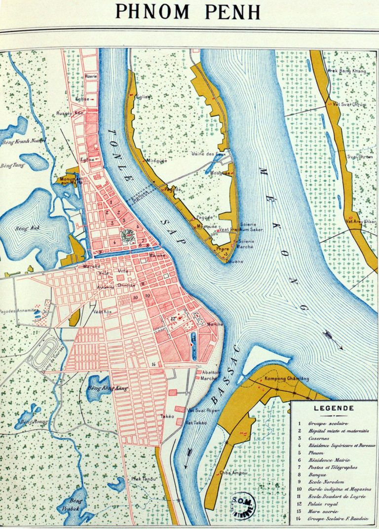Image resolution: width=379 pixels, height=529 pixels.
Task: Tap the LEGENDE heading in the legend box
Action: (x=334, y=408)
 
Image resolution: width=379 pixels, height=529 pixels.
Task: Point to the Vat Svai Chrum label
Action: (x=349, y=104)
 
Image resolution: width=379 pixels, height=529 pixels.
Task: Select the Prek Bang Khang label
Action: (x=347, y=72)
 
